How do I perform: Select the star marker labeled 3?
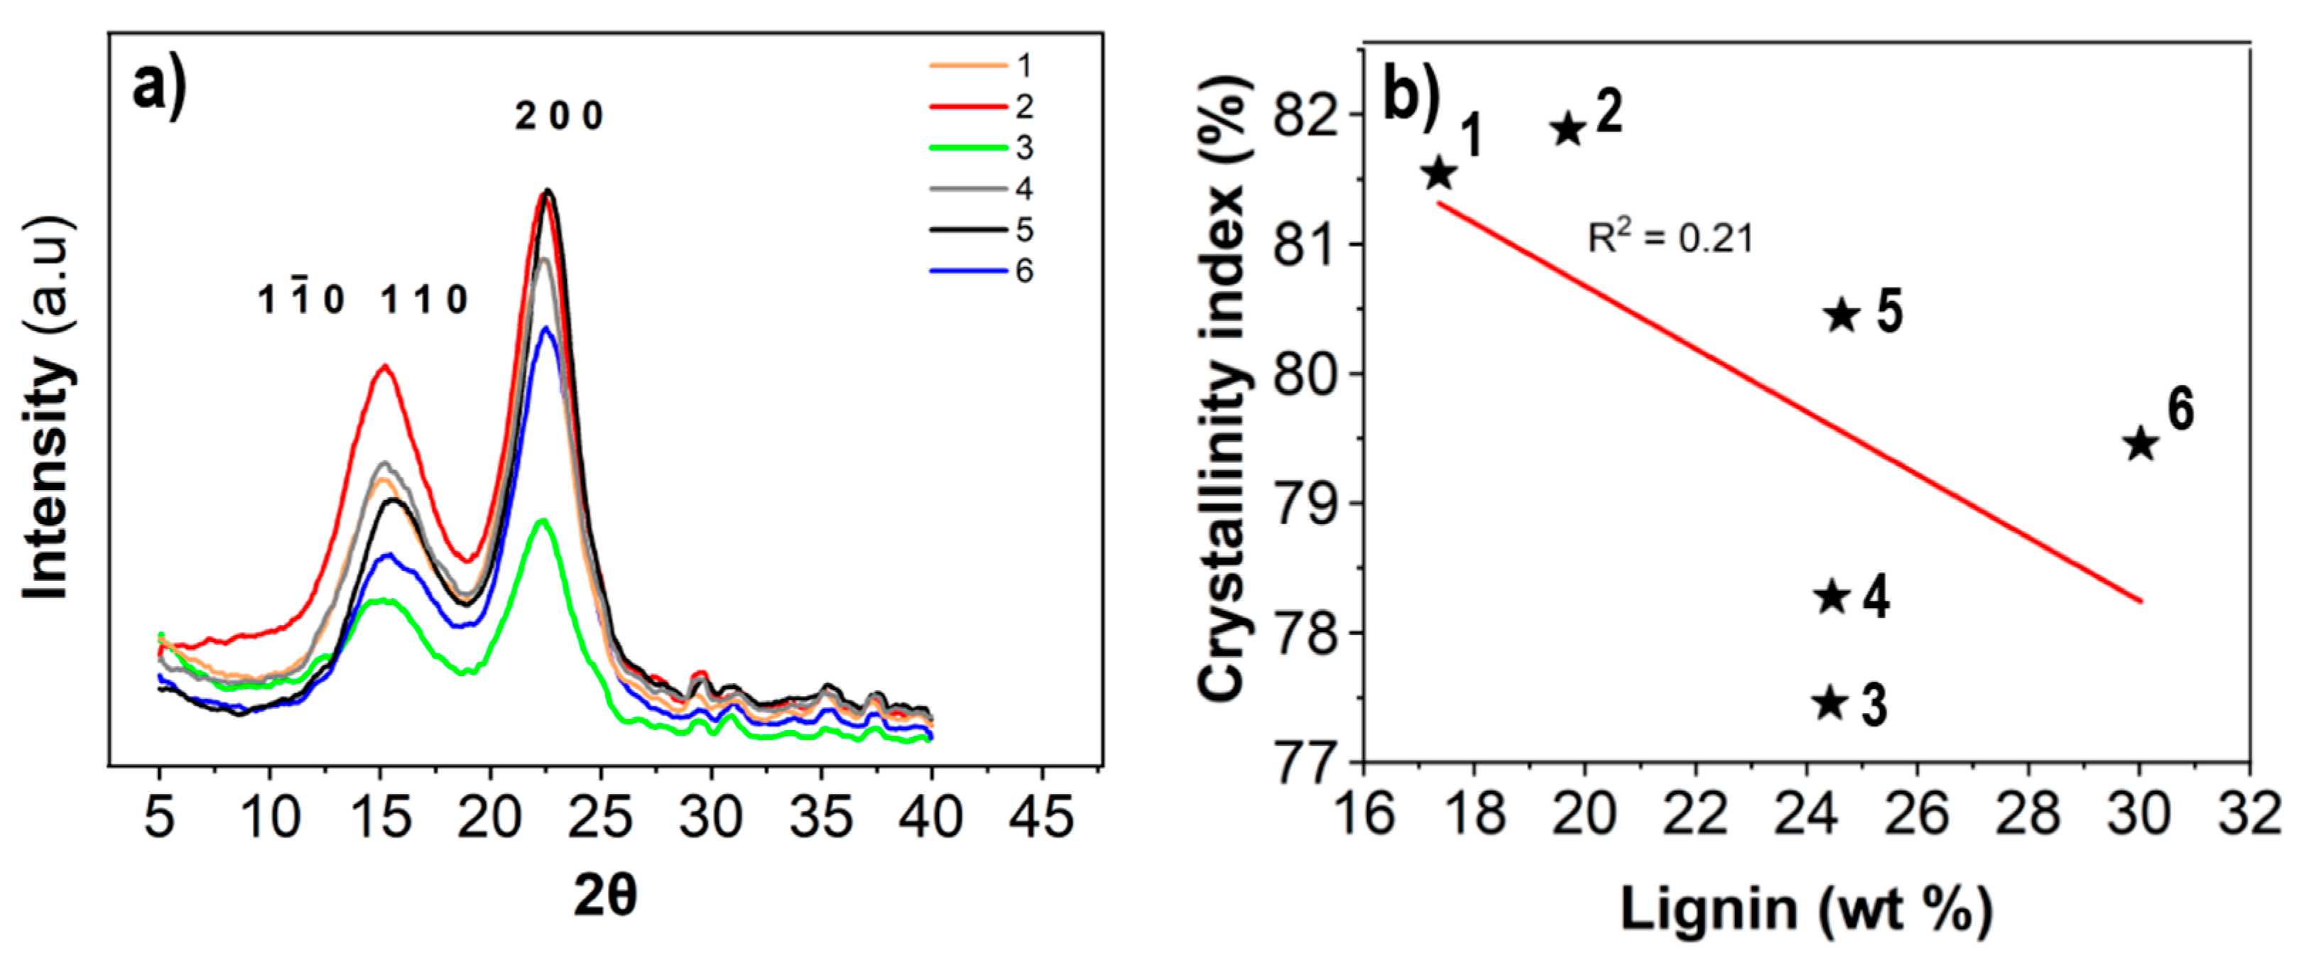[1830, 703]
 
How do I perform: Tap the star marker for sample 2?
[1568, 130]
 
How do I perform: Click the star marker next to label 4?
[1832, 597]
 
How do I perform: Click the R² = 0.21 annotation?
[1670, 237]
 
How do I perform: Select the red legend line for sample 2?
[967, 107]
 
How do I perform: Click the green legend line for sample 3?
[967, 147]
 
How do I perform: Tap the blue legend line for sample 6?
[967, 271]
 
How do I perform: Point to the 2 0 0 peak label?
[560, 116]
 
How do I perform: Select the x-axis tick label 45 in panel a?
[1041, 816]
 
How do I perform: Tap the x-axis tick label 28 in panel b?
[2028, 814]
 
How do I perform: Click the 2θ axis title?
[605, 895]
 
